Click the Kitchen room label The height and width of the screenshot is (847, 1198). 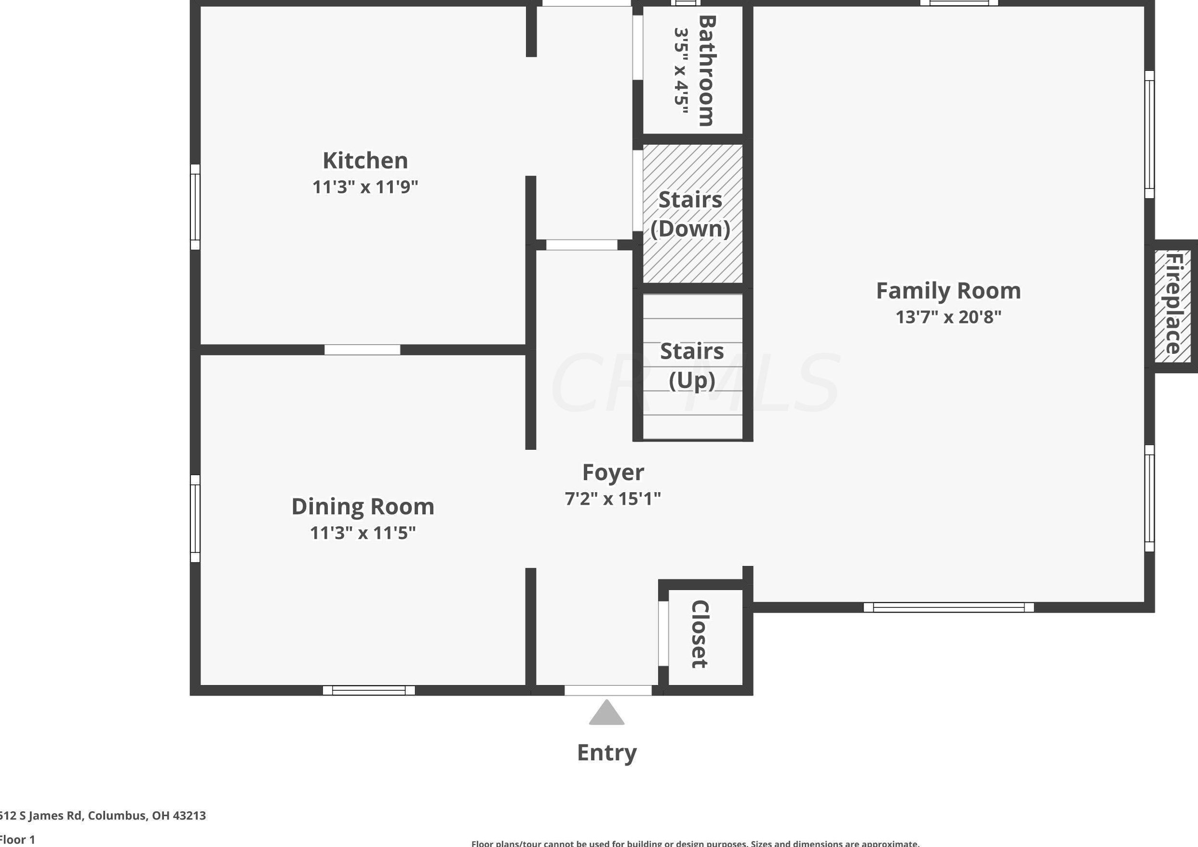pos(365,160)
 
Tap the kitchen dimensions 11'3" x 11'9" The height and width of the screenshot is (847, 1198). pos(365,187)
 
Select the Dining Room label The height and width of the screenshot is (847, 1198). pos(363,506)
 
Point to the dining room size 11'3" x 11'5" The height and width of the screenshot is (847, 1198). pos(363,533)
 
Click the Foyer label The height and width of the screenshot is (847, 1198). pos(613,472)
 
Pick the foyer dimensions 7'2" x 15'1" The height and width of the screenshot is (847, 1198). pos(613,499)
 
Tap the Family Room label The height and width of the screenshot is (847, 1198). pos(948,291)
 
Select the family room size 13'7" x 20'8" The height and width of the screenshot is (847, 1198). pos(948,317)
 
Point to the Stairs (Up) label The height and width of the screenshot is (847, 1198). pos(692,365)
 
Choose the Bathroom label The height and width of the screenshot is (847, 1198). pos(707,70)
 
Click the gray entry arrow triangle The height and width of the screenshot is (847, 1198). pos(607,714)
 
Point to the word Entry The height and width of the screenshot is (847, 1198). pos(607,753)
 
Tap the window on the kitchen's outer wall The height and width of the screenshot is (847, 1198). pos(195,207)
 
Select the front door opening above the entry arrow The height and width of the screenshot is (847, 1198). pos(608,690)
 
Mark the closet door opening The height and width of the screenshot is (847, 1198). pos(663,633)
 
